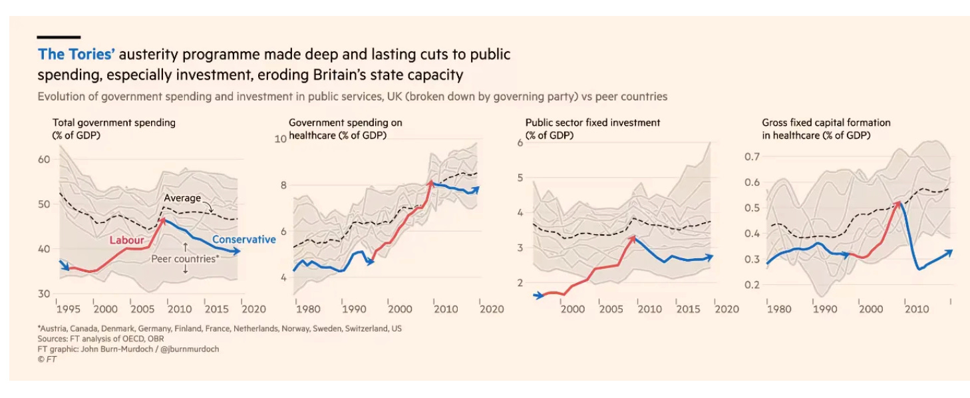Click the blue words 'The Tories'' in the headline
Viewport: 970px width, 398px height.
[77, 55]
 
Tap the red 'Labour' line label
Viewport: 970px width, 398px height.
[126, 240]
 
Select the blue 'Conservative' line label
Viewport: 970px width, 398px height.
[243, 240]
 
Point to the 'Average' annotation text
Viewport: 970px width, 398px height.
[182, 198]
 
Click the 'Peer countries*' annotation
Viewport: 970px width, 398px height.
[186, 259]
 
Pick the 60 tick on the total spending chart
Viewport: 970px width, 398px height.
[45, 160]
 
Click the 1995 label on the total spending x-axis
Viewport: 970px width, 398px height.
[67, 309]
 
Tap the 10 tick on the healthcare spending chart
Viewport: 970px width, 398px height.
[280, 138]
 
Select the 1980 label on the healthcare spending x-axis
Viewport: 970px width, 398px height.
[307, 309]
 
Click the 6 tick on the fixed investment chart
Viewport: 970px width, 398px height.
[520, 143]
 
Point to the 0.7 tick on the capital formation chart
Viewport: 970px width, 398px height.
[752, 156]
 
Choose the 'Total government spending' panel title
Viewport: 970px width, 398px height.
[114, 122]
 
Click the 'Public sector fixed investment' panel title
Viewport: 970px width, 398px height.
[592, 122]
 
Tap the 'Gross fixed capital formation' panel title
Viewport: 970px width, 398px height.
[826, 122]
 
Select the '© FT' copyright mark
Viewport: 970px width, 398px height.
[47, 359]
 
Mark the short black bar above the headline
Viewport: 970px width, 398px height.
[59, 37]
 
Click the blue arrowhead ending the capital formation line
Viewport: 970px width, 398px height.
[949, 251]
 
